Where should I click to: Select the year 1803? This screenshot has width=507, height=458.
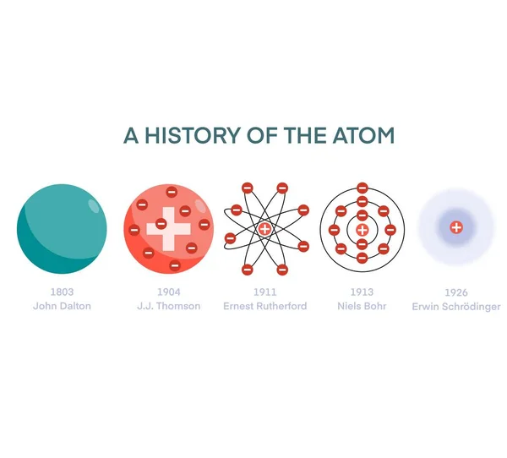pos(62,292)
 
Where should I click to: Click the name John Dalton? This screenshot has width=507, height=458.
pos(62,306)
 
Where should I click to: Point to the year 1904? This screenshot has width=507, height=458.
pos(168,292)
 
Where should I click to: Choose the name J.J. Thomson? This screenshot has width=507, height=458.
pos(168,306)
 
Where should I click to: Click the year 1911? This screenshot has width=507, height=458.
pos(264,292)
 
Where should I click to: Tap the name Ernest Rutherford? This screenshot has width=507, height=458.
pos(264,306)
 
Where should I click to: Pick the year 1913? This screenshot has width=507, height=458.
pos(362,292)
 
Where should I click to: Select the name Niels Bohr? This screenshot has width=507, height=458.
pos(362,306)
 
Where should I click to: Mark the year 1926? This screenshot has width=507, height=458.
pos(455,292)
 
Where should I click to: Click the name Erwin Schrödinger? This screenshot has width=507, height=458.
pos(455,306)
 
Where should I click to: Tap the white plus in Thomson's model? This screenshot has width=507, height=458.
pos(169,228)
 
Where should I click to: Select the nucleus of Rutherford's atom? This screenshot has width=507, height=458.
pos(264,229)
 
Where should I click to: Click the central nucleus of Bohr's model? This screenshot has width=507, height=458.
pos(362,229)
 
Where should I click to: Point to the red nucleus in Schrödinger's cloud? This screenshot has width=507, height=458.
pos(456,227)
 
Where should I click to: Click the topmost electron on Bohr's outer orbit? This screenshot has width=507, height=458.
pos(362,188)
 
